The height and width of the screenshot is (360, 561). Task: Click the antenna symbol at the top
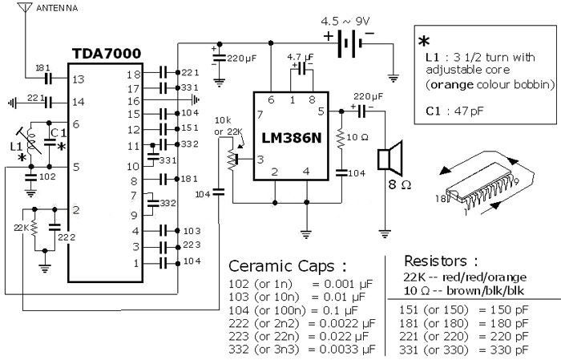click(x=25, y=7)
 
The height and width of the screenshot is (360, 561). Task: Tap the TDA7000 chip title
click(x=107, y=54)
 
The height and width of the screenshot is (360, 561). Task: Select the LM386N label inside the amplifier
click(x=292, y=138)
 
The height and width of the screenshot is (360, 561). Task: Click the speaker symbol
click(x=390, y=157)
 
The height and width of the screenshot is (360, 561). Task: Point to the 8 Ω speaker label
click(x=400, y=184)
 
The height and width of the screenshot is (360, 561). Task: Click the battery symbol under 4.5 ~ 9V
click(x=349, y=43)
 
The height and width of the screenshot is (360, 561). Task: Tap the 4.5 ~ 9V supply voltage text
click(x=345, y=22)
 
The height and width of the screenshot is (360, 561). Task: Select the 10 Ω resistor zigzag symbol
click(x=341, y=137)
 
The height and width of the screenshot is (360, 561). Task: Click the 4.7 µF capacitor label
click(x=301, y=57)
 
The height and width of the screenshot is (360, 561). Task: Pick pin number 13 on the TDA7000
click(x=78, y=79)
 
